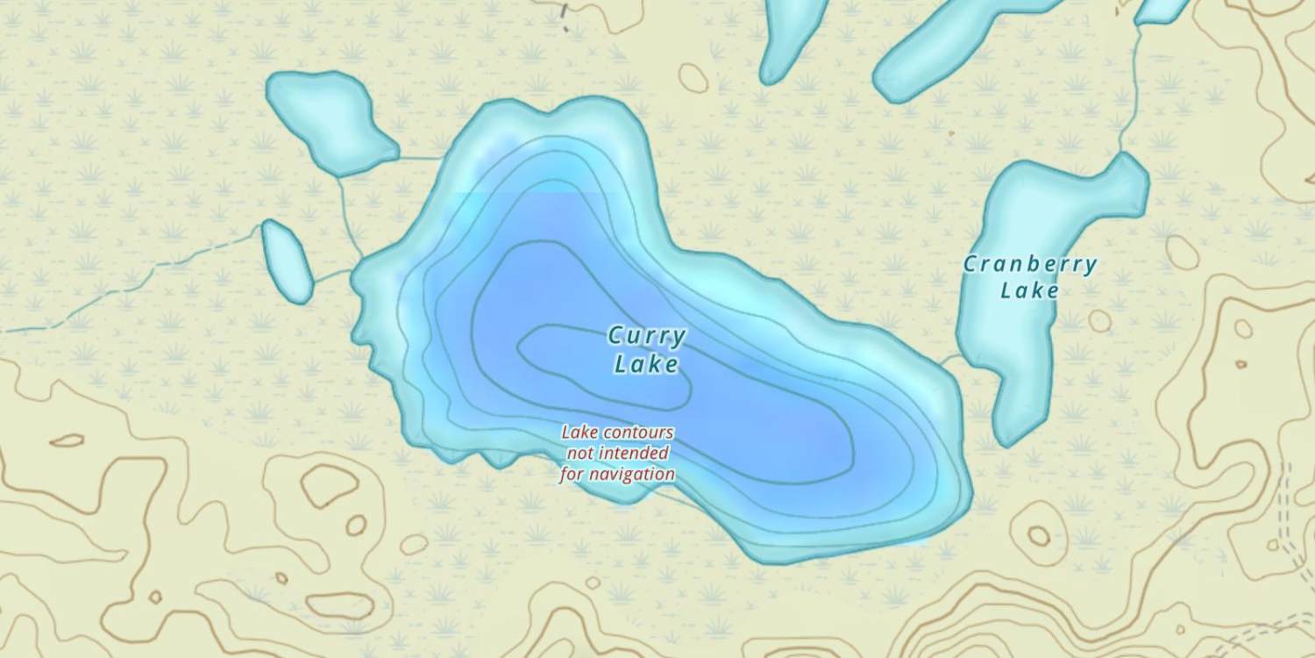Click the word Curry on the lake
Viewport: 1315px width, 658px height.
647,336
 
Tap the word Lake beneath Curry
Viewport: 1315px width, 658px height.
646,364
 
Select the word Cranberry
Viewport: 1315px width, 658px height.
1030,264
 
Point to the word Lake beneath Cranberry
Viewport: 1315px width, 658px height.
1030,290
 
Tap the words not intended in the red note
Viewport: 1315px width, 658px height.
618,454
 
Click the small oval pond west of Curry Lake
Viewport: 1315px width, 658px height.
287,261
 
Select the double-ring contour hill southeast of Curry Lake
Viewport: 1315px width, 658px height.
1039,535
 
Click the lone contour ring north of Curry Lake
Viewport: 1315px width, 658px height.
693,78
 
